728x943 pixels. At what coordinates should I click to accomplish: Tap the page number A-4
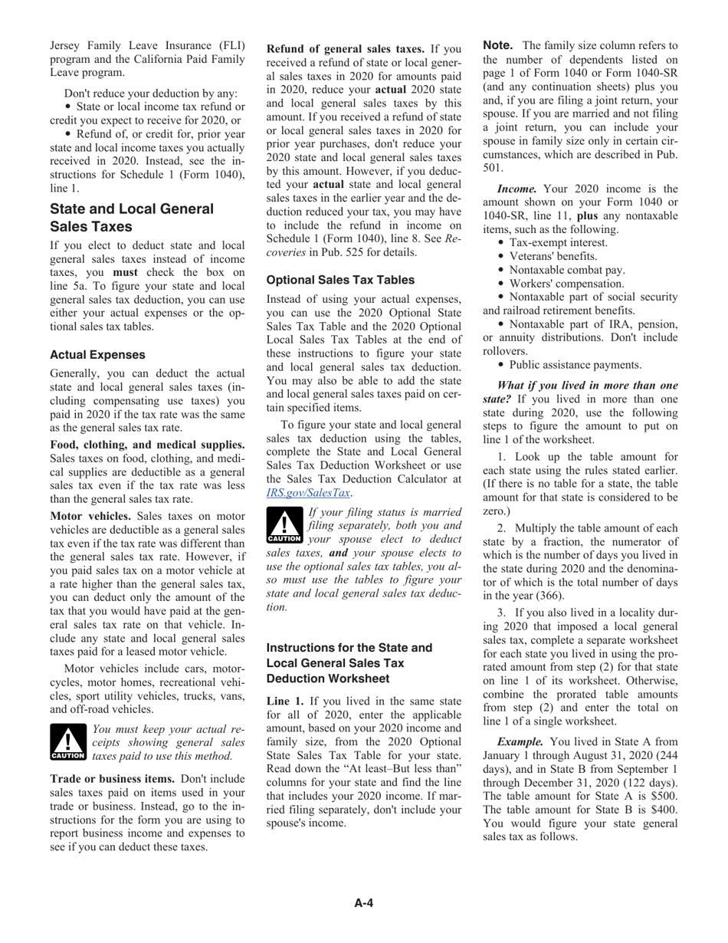coord(363,903)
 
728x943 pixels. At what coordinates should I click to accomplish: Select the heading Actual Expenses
coord(97,355)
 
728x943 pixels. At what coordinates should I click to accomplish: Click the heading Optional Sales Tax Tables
coord(340,280)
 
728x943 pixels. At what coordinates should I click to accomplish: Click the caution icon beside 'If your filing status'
coord(284,526)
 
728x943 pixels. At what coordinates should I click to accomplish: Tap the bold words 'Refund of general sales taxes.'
coord(345,49)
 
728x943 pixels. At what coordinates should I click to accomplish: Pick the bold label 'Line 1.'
coord(285,701)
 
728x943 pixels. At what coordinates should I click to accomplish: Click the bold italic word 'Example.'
coord(520,741)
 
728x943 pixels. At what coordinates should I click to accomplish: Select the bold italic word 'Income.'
coord(517,189)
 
